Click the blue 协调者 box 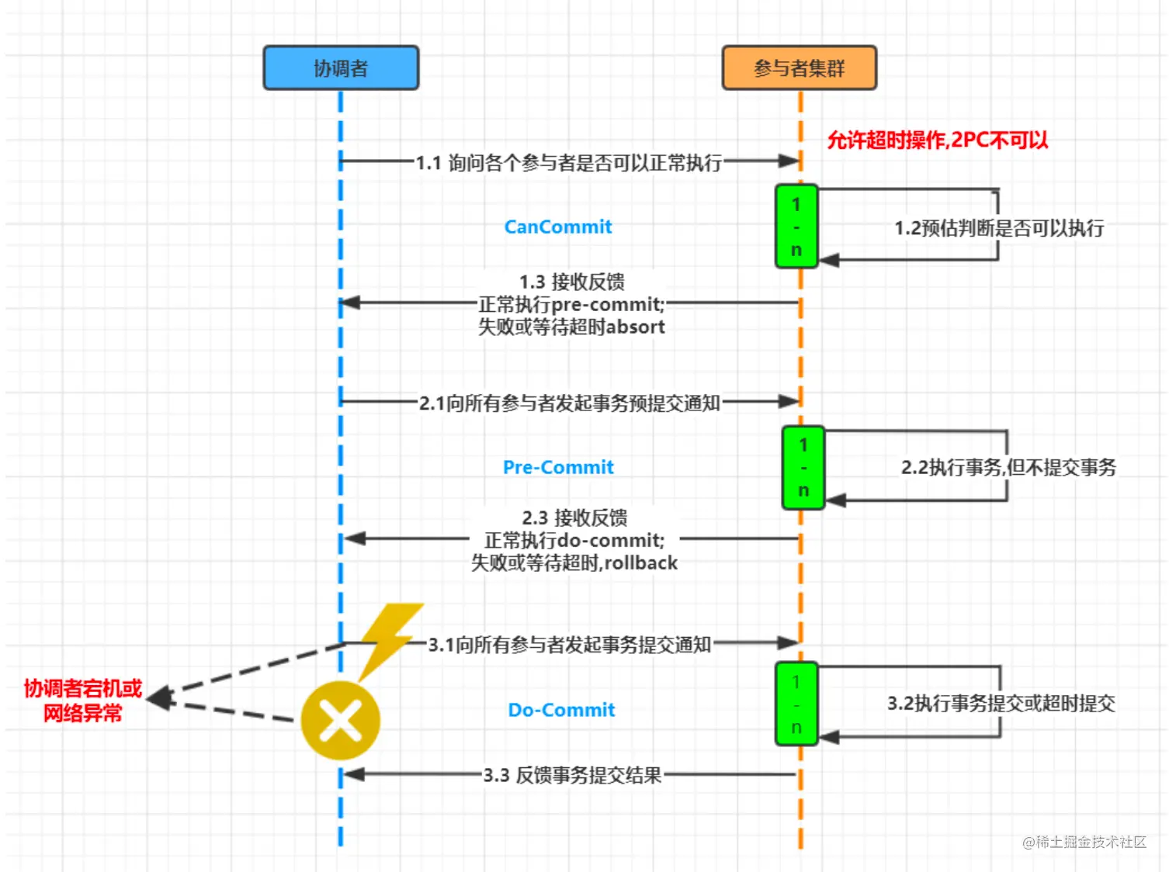click(341, 68)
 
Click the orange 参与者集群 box click(799, 68)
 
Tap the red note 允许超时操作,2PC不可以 click(937, 140)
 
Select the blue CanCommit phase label click(557, 227)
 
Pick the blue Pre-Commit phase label click(557, 468)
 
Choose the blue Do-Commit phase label click(560, 710)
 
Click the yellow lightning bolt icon click(390, 636)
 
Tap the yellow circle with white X click(340, 721)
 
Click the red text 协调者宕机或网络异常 click(83, 701)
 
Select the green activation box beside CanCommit click(796, 227)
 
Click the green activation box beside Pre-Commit click(803, 468)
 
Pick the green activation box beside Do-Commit click(796, 704)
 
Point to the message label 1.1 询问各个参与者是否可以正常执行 click(568, 163)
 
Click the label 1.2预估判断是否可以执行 click(998, 228)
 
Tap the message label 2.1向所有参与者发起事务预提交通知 click(569, 403)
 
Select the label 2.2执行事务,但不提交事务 click(1008, 467)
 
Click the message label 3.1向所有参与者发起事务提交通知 click(569, 645)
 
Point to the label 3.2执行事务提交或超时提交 click(1001, 704)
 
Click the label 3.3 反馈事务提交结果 click(572, 775)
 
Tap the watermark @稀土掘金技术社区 click(1084, 842)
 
